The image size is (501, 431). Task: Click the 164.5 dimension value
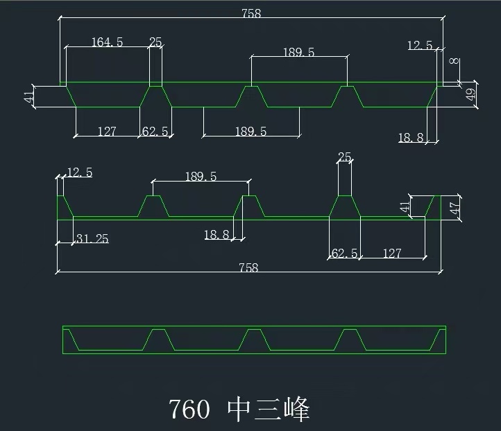pos(107,42)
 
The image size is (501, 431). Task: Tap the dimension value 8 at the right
pos(454,62)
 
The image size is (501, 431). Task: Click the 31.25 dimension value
pos(92,239)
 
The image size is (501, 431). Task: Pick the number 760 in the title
pos(189,409)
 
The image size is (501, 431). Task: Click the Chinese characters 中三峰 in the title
pos(269,409)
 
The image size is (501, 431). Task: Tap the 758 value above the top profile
pos(250,12)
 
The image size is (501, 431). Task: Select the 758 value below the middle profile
pos(248,267)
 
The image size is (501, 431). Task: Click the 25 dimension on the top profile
pos(155,42)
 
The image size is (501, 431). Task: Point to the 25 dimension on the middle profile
pos(344,157)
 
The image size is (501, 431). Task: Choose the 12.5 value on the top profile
pos(420,46)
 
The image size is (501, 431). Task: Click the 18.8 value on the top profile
pos(410,138)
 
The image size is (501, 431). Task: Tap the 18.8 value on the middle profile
pos(216,235)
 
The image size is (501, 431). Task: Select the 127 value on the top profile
pos(107,131)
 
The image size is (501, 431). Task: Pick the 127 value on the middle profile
pos(391,254)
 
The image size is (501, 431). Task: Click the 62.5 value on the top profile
pos(155,131)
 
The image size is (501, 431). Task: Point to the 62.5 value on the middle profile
pos(344,254)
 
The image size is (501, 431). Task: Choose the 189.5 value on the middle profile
pos(201,176)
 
